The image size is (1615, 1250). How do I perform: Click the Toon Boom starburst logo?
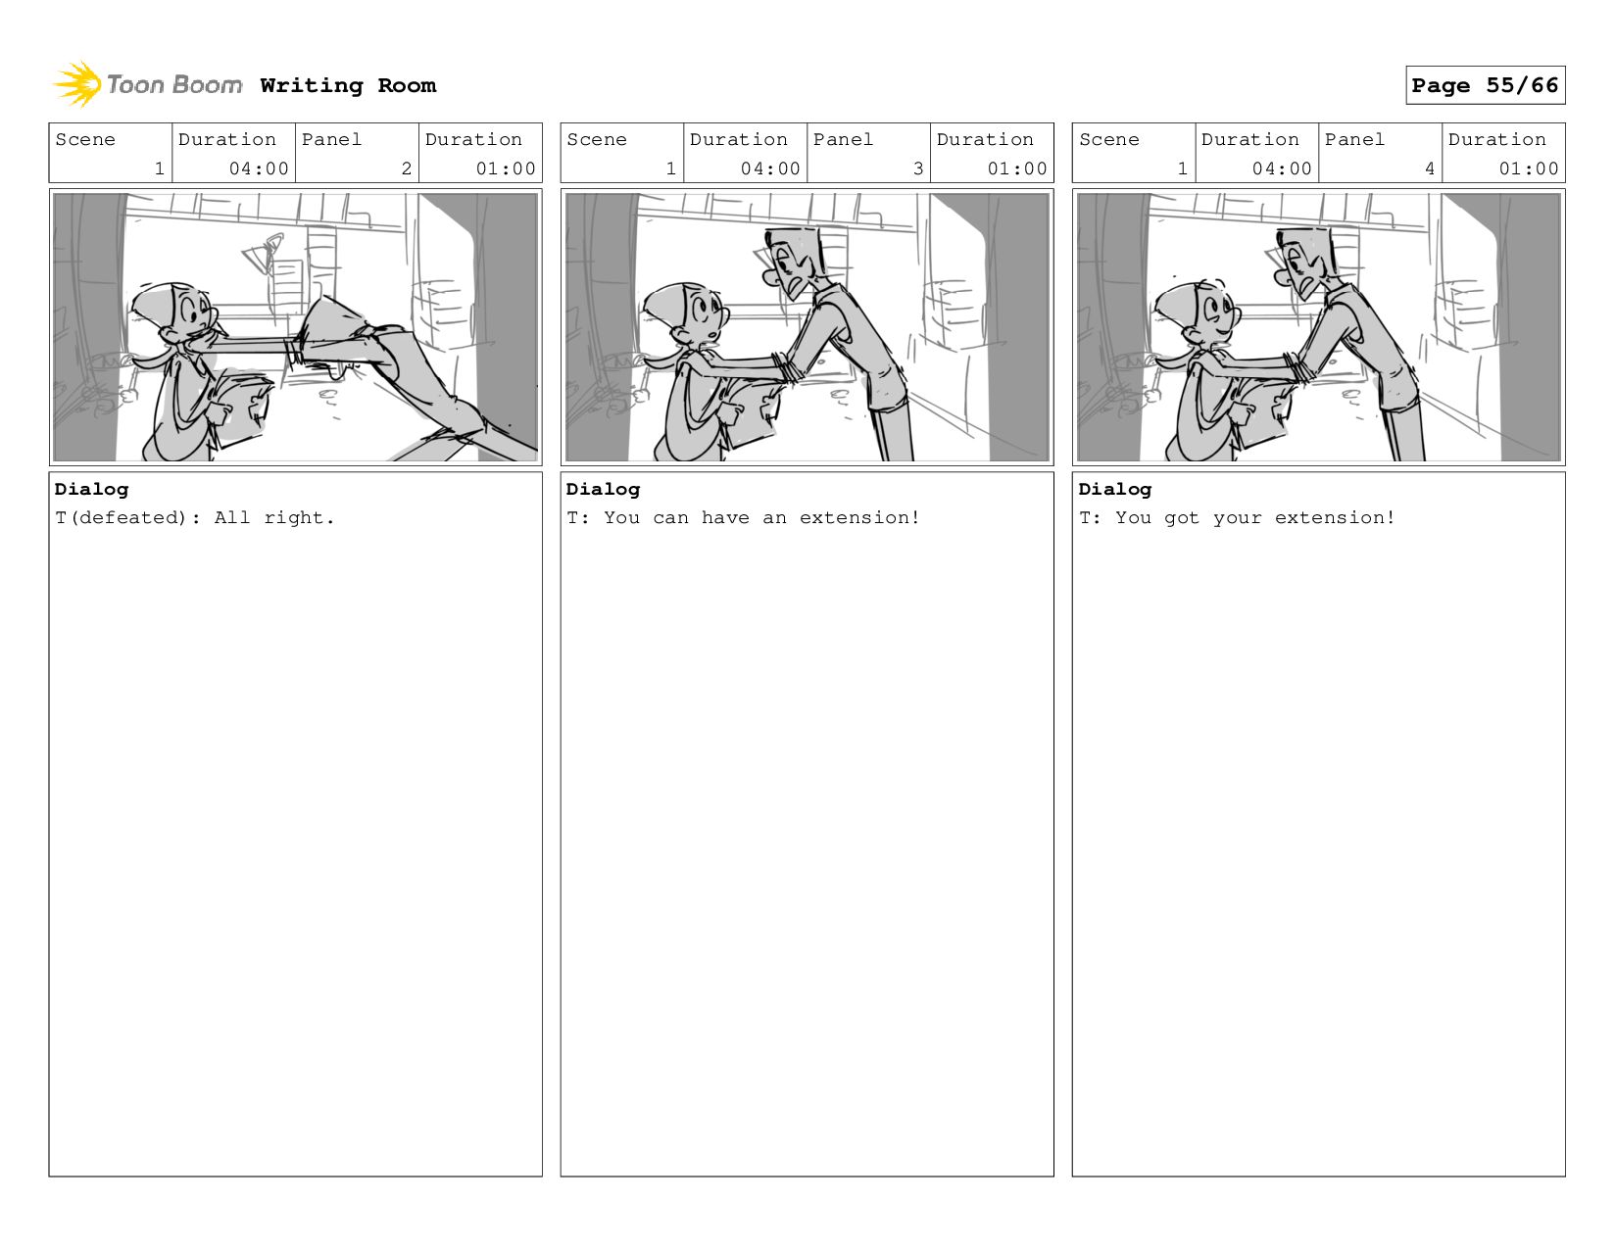point(77,84)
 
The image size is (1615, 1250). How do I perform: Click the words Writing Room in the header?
point(348,85)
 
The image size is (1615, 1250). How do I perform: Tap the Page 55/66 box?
point(1485,84)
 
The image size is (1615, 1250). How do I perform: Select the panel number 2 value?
point(406,168)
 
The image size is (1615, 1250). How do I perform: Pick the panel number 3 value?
point(918,168)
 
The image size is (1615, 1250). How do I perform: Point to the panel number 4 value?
point(1429,168)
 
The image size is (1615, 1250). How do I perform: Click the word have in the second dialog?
point(724,517)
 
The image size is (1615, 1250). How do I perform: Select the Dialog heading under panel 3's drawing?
point(603,489)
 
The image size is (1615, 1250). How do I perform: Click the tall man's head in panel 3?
point(792,260)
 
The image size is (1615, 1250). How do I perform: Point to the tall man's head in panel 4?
point(1303,260)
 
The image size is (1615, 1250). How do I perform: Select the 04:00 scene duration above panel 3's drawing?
point(770,168)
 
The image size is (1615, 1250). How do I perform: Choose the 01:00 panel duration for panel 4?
point(1528,168)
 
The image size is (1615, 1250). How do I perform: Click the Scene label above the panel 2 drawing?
point(84,140)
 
